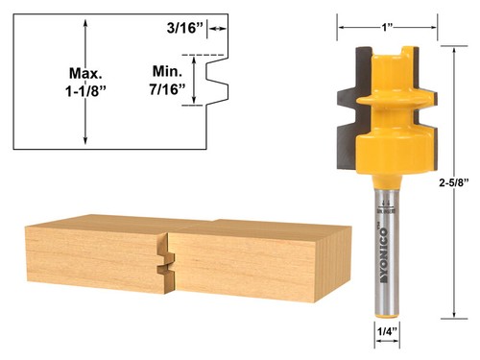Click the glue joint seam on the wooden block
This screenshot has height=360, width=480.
pyautogui.click(x=166, y=257)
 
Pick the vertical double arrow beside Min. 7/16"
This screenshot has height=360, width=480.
pyautogui.click(x=196, y=81)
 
